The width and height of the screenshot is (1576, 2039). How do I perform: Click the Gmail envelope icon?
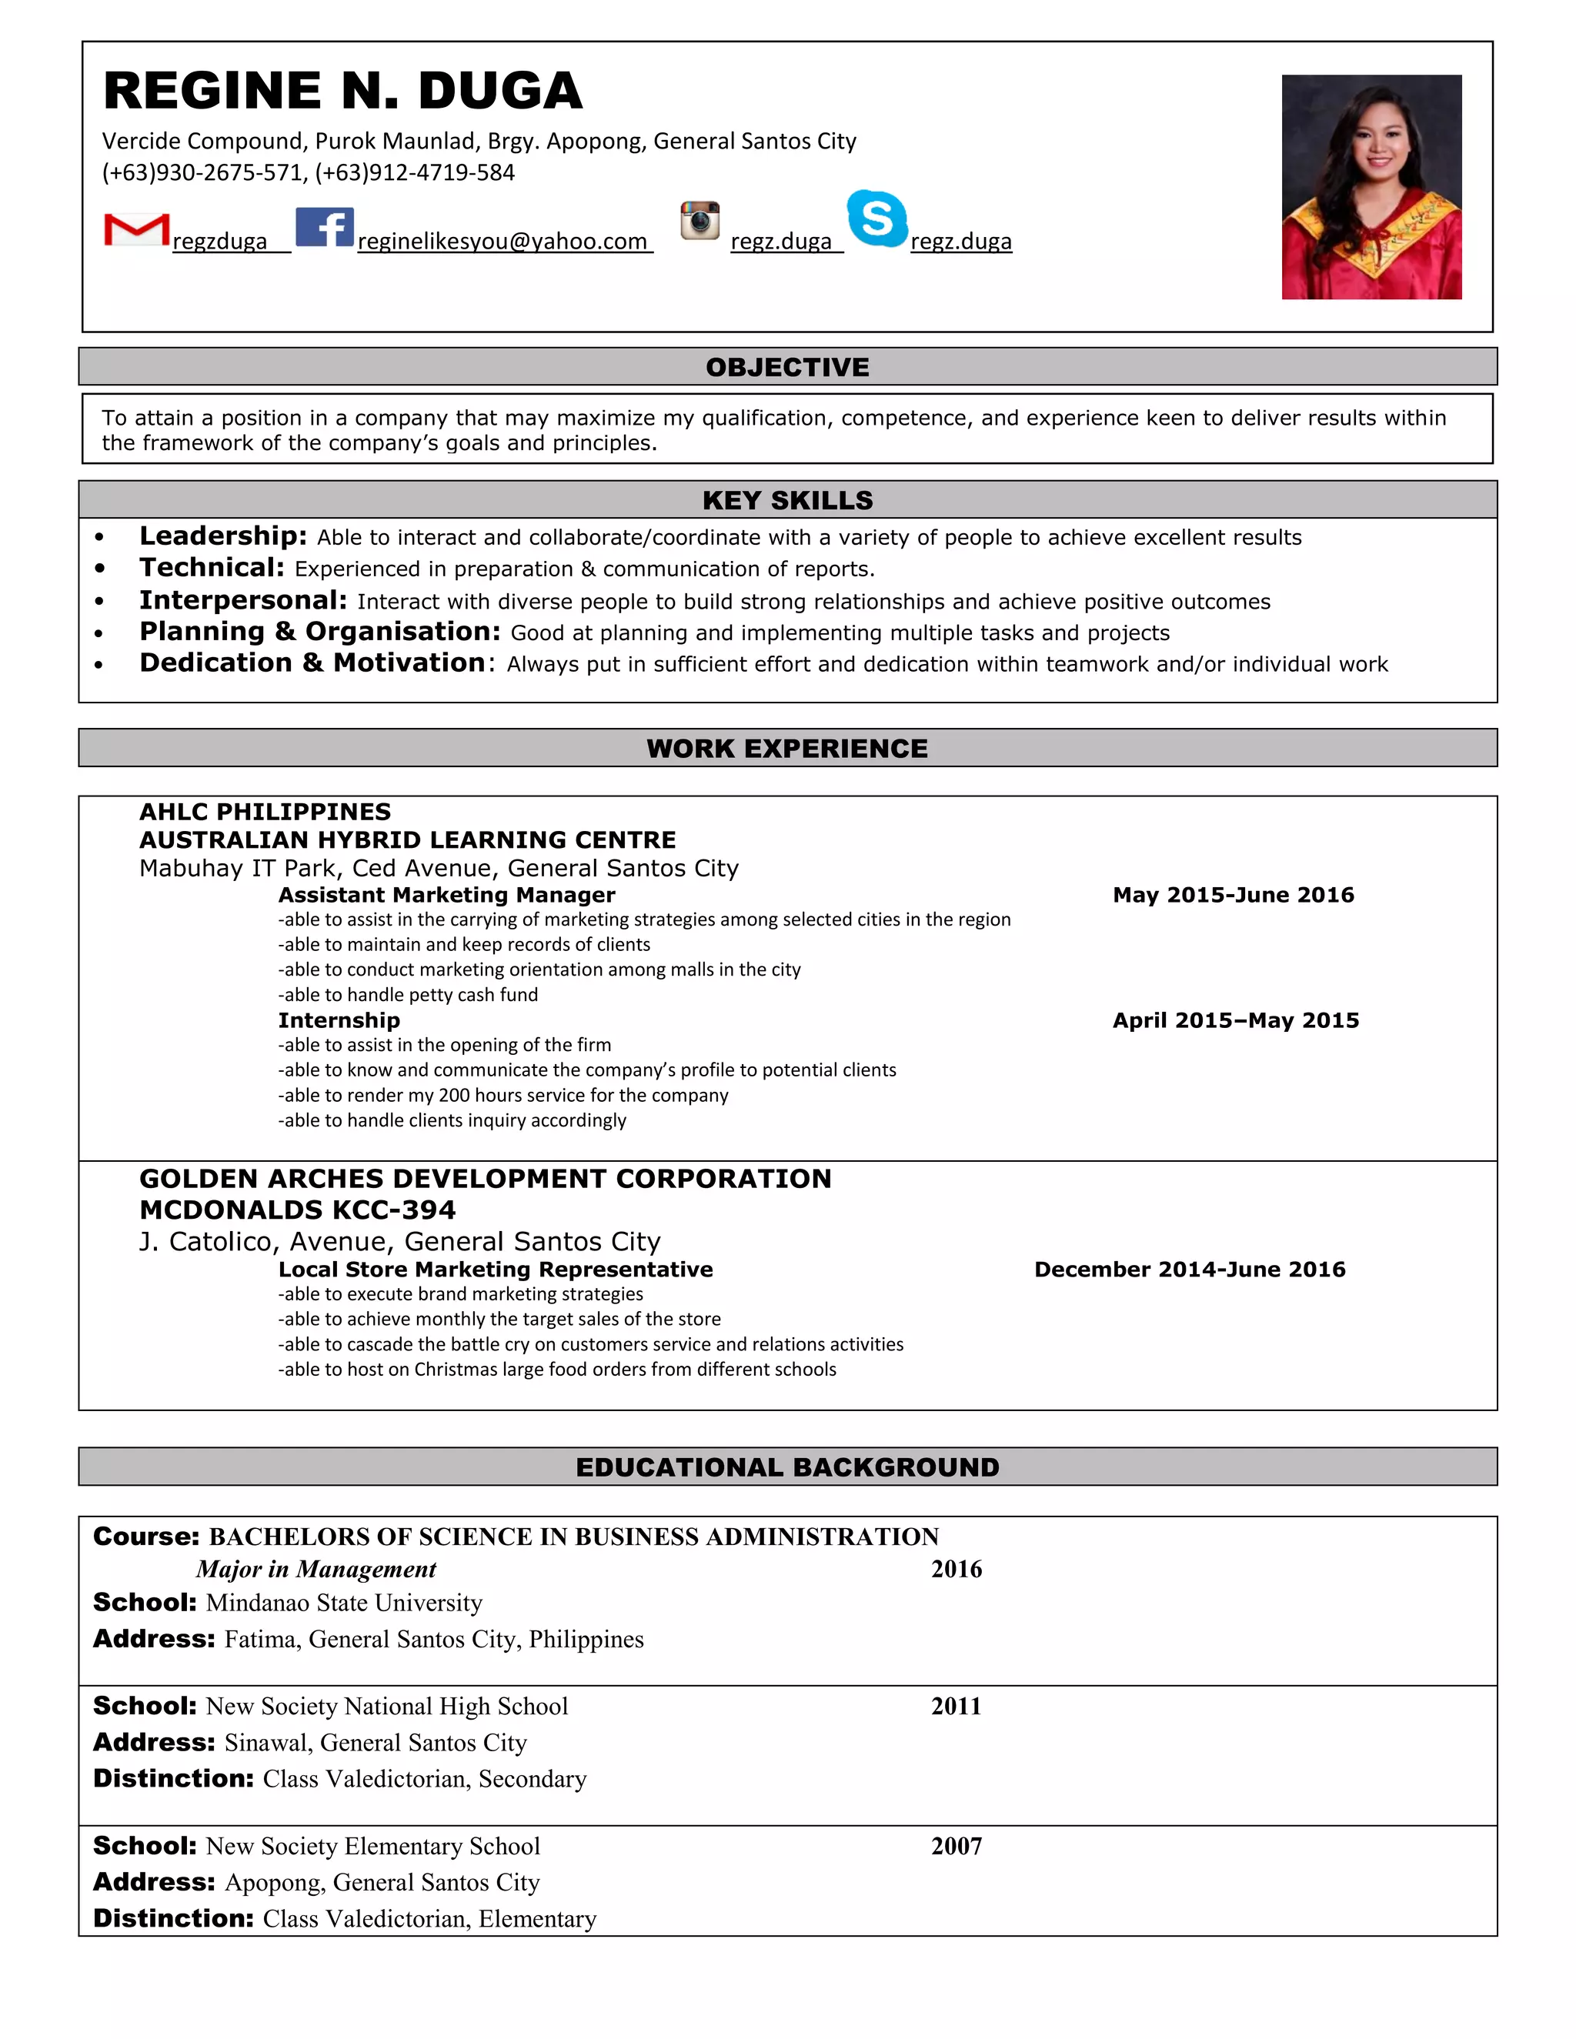pos(136,229)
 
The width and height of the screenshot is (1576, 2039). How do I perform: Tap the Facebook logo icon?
pos(324,227)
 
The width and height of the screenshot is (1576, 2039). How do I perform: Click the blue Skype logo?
pos(876,219)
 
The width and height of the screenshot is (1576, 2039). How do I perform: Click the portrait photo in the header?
pos(1371,187)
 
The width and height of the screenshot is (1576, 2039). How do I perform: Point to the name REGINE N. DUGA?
pos(342,91)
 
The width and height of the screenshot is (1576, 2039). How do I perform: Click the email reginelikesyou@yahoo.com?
pos(503,242)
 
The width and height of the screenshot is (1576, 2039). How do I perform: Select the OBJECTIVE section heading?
pos(787,367)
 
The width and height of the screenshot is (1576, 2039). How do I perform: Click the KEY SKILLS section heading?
pos(787,500)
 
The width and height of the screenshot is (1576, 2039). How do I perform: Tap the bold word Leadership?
pos(223,536)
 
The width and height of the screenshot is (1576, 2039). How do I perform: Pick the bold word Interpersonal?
pos(242,600)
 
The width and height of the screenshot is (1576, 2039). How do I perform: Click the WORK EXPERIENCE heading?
pos(787,749)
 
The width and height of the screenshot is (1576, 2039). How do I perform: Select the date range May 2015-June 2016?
pos(1233,894)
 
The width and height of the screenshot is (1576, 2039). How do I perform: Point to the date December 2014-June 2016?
pos(1190,1269)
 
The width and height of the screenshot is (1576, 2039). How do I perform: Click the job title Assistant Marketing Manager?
pos(446,894)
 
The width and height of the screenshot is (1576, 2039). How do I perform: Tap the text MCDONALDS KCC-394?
pos(298,1210)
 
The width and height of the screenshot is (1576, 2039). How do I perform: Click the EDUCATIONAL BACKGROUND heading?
pos(787,1467)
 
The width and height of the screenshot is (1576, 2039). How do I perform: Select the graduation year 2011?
pos(956,1706)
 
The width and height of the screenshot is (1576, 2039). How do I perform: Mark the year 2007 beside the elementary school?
pos(956,1846)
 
